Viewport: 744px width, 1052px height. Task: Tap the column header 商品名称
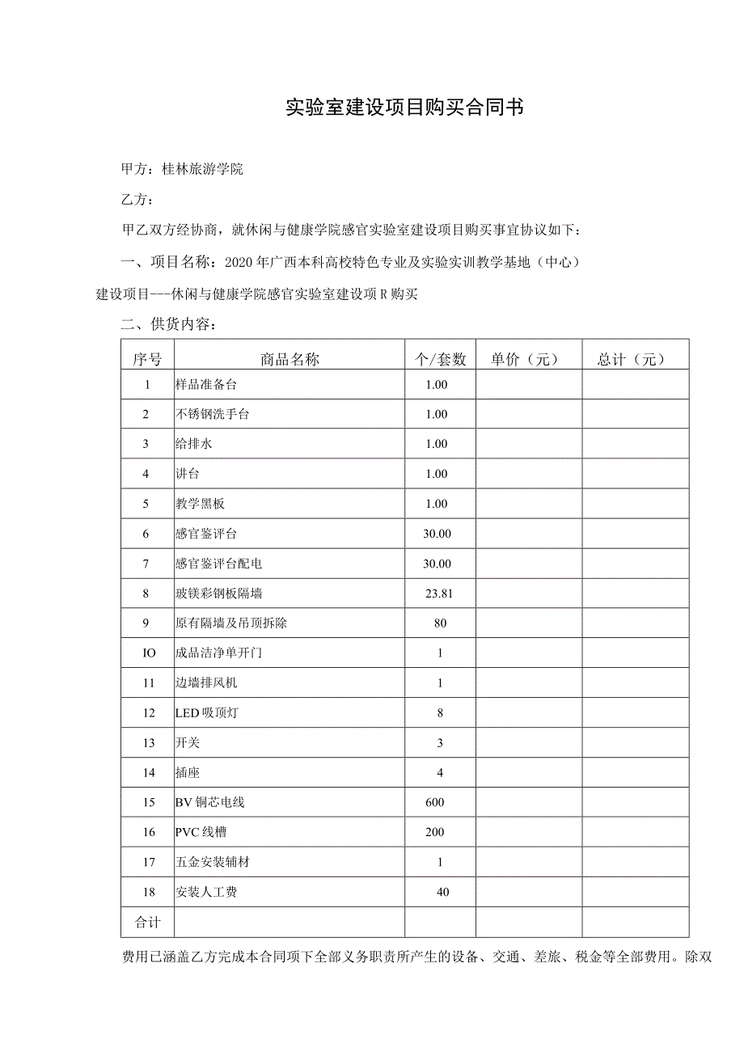[x=290, y=360]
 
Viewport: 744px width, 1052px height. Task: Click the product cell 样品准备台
[x=206, y=385]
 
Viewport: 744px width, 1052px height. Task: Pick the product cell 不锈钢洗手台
[x=213, y=415]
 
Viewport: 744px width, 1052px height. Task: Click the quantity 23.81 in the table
[x=439, y=594]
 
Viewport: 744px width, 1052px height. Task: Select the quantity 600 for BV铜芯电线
[x=434, y=803]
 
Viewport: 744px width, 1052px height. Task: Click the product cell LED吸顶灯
[x=206, y=713]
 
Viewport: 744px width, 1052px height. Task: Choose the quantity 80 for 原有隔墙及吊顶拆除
[x=440, y=623]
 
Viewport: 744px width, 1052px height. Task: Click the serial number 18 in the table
[x=147, y=893]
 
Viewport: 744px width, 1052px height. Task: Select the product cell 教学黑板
[x=200, y=504]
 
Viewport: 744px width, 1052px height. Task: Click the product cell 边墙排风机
[x=206, y=683]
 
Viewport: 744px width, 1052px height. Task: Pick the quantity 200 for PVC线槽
[x=434, y=833]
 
